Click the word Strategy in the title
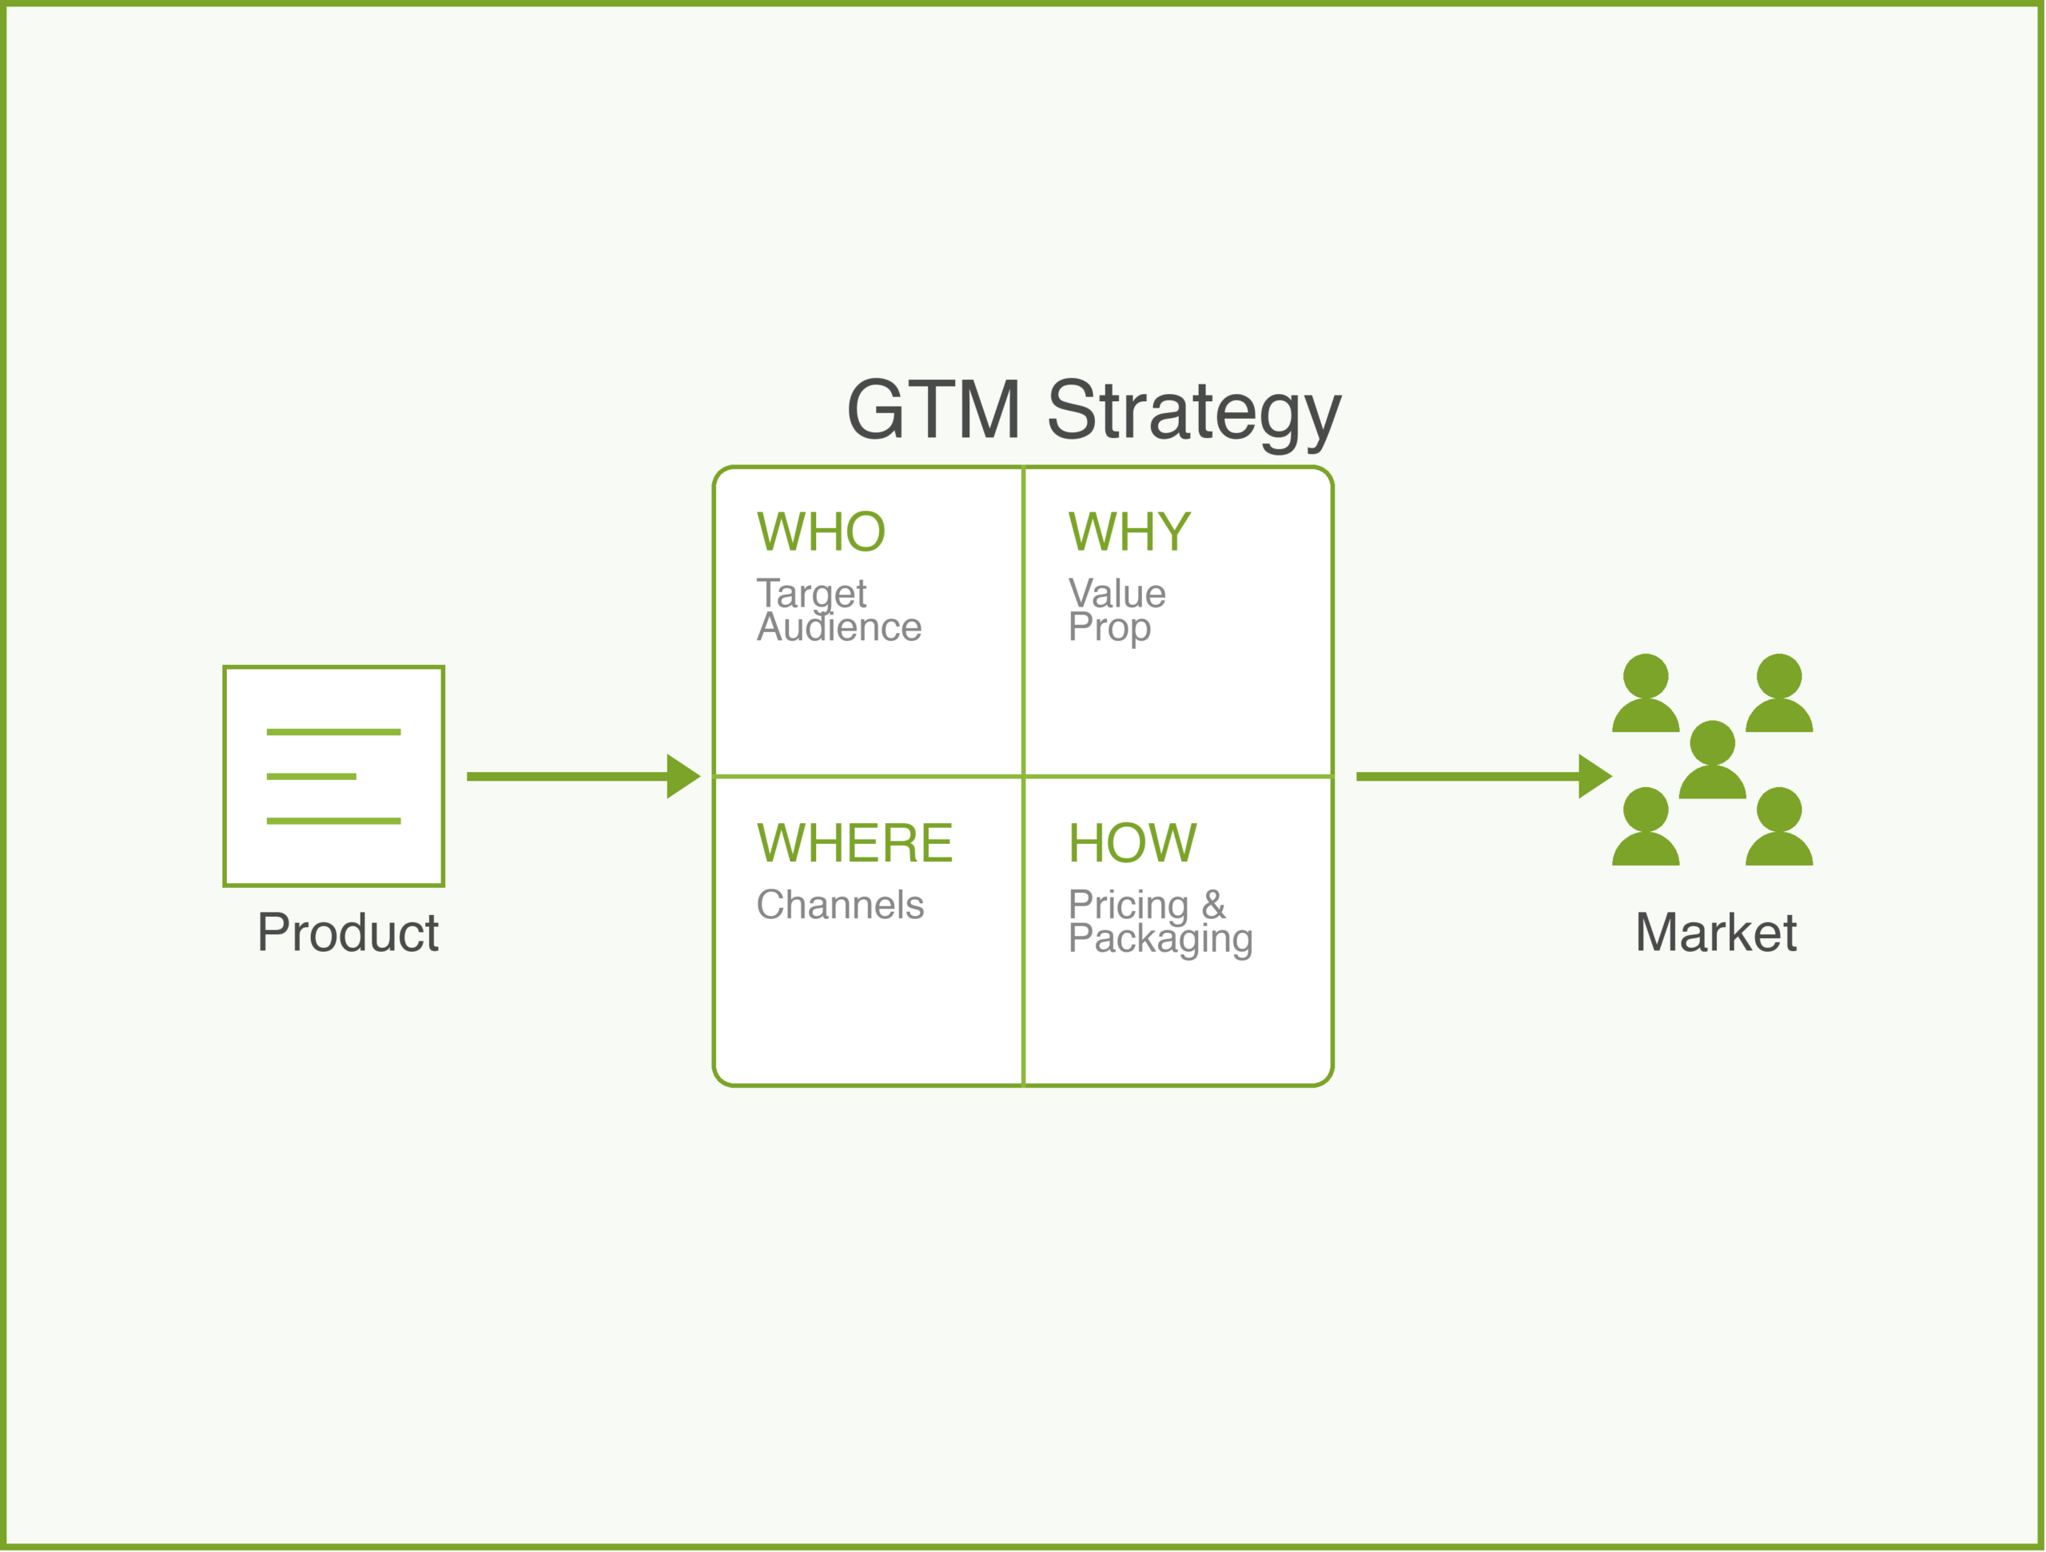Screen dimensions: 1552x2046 click(x=1193, y=412)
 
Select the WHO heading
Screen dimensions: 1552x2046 click(x=821, y=531)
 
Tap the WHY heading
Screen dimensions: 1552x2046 click(x=1129, y=531)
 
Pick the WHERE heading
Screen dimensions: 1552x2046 click(x=854, y=842)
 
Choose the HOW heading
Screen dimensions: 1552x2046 click(x=1132, y=842)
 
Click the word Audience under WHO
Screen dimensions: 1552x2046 click(x=839, y=628)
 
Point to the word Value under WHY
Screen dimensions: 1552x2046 click(x=1117, y=594)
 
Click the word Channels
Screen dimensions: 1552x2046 click(x=840, y=905)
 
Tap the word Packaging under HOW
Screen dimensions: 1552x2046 click(x=1160, y=940)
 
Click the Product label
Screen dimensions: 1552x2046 click(x=348, y=933)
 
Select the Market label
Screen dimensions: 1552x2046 click(x=1716, y=933)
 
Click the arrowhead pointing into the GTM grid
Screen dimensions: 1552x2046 click(x=683, y=776)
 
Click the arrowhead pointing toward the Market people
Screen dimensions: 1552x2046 click(x=1594, y=776)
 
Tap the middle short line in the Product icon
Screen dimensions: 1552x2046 click(x=311, y=776)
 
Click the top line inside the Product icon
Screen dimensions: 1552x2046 click(x=333, y=731)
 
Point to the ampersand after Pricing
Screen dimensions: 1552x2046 click(x=1213, y=904)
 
